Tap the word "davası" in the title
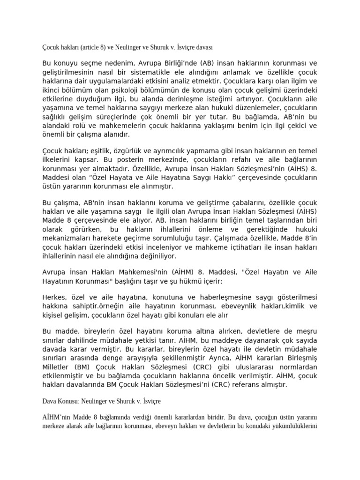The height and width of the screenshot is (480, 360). coord(202,47)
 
